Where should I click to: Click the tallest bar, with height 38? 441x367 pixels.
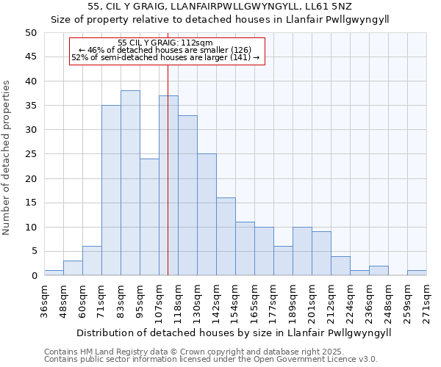(130, 183)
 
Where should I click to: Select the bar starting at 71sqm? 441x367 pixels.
(111, 190)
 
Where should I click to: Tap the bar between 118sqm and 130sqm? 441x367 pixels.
(187, 195)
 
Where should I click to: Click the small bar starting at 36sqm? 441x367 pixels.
(54, 273)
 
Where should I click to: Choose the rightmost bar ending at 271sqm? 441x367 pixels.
(417, 273)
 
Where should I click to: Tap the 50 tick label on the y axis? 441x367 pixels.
(30, 32)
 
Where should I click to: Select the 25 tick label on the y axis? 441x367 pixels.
(30, 154)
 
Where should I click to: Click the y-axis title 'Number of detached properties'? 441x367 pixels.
(7, 157)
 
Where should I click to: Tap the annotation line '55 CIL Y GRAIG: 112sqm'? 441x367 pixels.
(165, 43)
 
